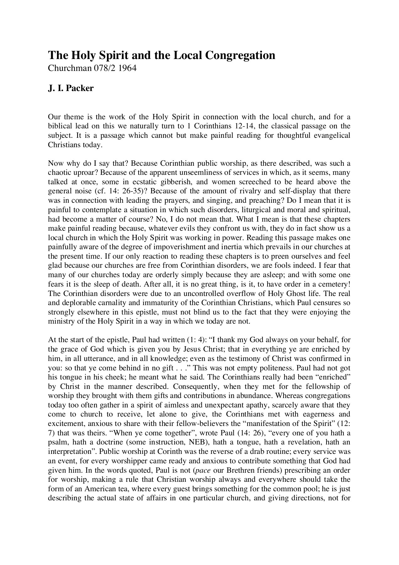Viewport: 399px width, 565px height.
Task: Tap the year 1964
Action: tap(127, 68)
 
